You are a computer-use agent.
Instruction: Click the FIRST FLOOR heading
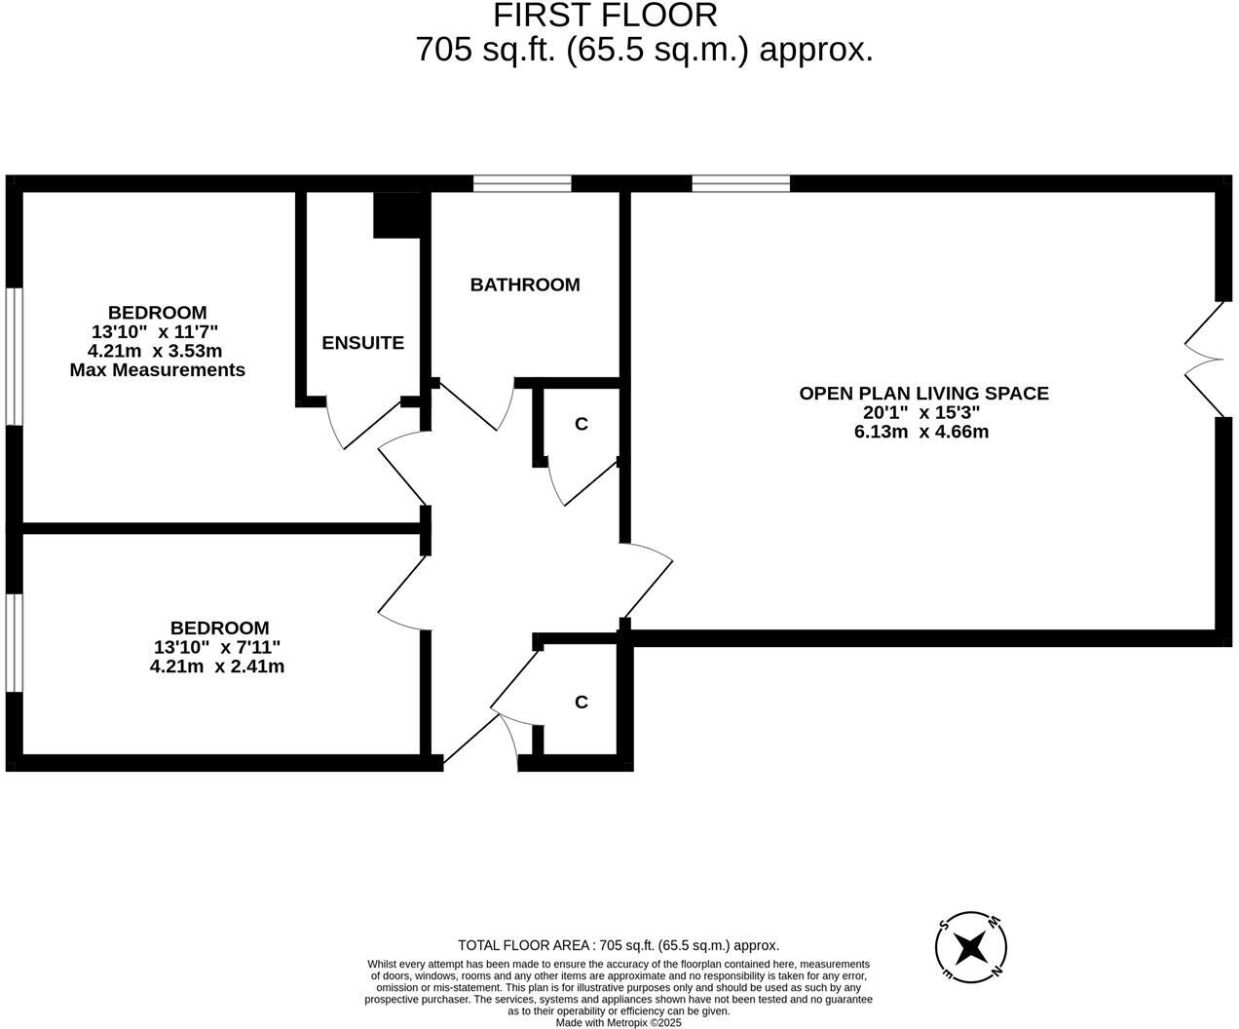(x=605, y=16)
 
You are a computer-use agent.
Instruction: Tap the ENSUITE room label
(x=362, y=343)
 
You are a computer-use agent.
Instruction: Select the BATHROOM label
(x=525, y=285)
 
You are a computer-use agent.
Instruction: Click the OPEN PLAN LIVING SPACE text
(x=923, y=394)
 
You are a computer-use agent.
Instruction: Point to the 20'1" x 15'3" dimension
(x=921, y=412)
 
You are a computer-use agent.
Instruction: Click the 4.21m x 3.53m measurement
(x=155, y=351)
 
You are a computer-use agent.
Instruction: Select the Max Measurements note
(x=157, y=370)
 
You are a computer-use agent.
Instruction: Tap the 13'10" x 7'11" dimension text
(x=217, y=647)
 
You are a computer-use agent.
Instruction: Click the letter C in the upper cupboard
(x=582, y=424)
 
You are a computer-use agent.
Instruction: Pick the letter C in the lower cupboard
(x=582, y=703)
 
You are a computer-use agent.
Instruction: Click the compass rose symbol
(x=970, y=946)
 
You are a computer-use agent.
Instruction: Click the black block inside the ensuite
(x=396, y=214)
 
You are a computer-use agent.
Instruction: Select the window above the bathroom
(x=522, y=183)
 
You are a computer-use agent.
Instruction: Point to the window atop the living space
(x=740, y=183)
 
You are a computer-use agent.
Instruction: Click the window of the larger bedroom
(x=14, y=356)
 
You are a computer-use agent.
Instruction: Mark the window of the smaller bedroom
(x=14, y=643)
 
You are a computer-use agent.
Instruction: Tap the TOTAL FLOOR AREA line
(x=619, y=945)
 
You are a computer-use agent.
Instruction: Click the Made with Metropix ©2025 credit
(x=619, y=1022)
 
